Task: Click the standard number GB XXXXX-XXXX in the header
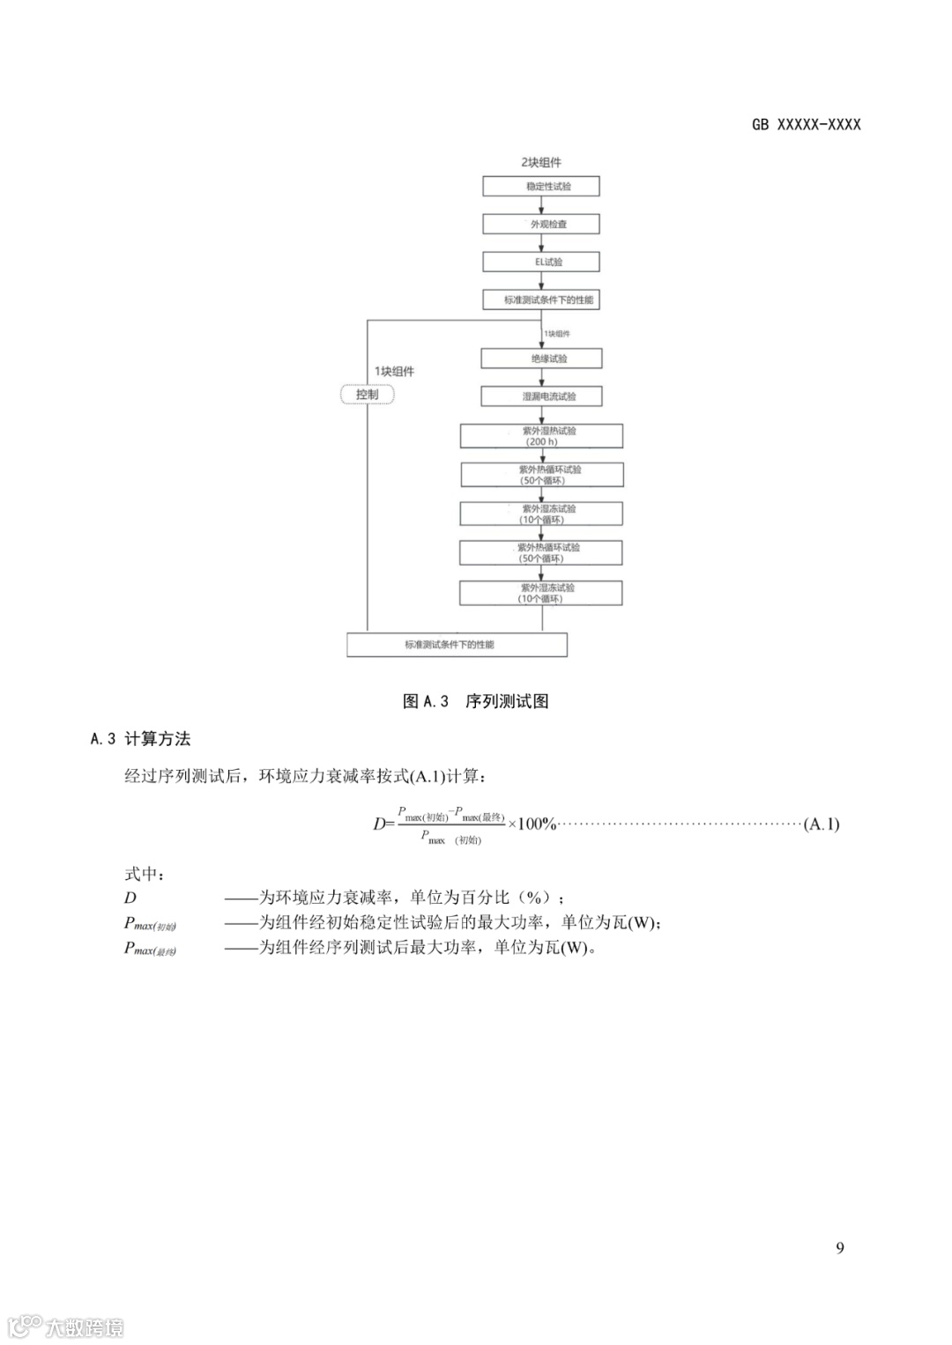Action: point(806,125)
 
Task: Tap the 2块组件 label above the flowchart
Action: point(540,162)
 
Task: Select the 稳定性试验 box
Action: point(540,187)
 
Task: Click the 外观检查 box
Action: point(540,225)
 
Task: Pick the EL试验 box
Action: point(540,262)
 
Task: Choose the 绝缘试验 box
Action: point(541,358)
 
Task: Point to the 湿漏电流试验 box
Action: point(541,396)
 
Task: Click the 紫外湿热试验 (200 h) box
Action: point(541,436)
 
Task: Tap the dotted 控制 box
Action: point(367,395)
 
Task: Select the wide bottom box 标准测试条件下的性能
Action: point(457,645)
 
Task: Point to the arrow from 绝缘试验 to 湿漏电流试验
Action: point(541,378)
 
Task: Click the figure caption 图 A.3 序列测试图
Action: point(476,701)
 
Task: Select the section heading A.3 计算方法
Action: point(141,739)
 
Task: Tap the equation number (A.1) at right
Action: point(822,824)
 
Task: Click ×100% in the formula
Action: point(532,824)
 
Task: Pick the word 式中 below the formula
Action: point(145,874)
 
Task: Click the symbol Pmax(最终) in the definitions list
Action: point(150,949)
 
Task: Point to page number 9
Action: point(839,1247)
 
